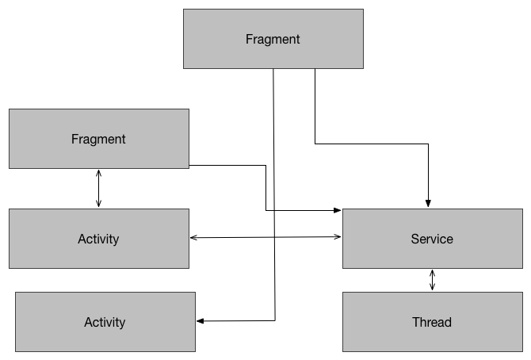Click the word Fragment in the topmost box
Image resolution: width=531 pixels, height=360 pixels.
pyautogui.click(x=273, y=39)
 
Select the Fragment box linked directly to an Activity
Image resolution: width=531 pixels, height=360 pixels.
pyautogui.click(x=98, y=139)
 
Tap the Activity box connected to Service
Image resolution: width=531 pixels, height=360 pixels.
pyautogui.click(x=98, y=239)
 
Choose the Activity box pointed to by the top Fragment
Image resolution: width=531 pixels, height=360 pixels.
pyautogui.click(x=105, y=322)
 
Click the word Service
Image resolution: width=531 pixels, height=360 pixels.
pyautogui.click(x=432, y=239)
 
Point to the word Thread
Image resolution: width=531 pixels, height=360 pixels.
pyautogui.click(x=432, y=322)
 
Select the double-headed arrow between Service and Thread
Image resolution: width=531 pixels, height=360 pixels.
pyautogui.click(x=432, y=280)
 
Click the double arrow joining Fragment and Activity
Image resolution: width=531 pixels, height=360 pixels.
pyautogui.click(x=98, y=189)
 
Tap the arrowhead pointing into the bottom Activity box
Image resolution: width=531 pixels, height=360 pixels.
pyautogui.click(x=200, y=321)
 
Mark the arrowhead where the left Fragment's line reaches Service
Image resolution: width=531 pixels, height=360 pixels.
pyautogui.click(x=338, y=210)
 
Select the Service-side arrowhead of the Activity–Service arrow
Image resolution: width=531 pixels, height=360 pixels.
pyautogui.click(x=338, y=236)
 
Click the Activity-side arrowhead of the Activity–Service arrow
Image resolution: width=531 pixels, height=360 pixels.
pyautogui.click(x=193, y=238)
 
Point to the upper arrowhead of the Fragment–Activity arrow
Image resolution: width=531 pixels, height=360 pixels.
pyautogui.click(x=98, y=172)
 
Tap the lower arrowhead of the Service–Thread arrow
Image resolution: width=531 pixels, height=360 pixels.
pyautogui.click(x=432, y=289)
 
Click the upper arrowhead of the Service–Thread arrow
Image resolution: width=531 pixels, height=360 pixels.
pyautogui.click(x=432, y=272)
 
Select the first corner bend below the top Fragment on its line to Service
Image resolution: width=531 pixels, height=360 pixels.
pyautogui.click(x=315, y=144)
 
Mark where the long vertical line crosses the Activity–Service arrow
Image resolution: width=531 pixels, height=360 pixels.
pyautogui.click(x=274, y=237)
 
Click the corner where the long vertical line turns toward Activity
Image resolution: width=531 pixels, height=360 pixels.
pyautogui.click(x=274, y=320)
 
